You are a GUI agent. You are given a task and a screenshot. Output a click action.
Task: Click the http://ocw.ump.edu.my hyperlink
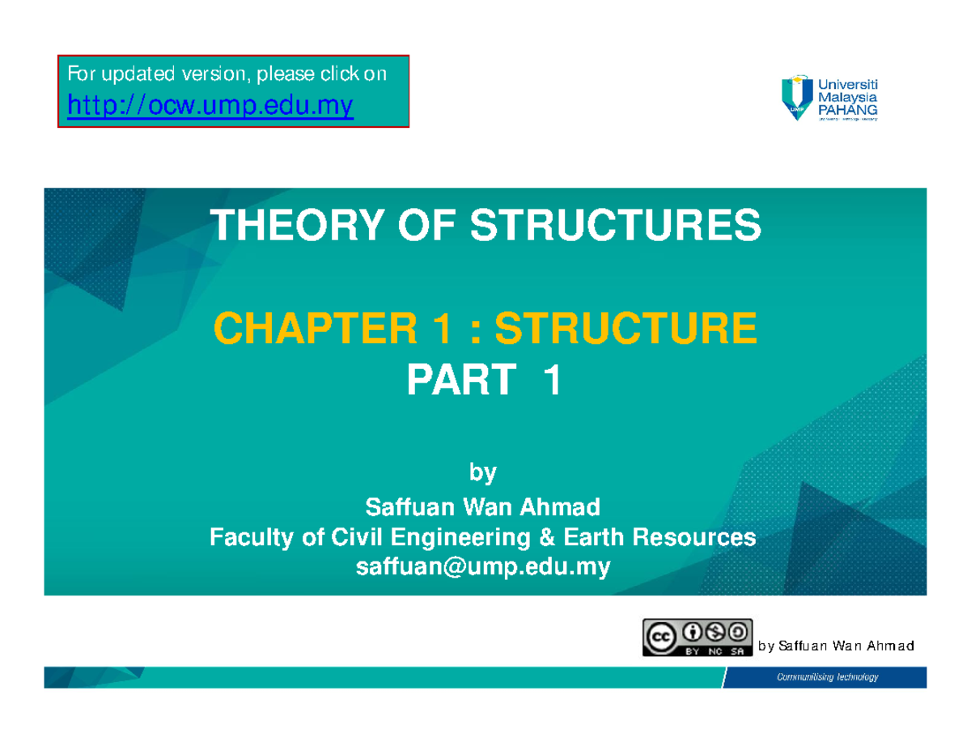click(210, 105)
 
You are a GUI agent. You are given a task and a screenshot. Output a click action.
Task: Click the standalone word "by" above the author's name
click(484, 472)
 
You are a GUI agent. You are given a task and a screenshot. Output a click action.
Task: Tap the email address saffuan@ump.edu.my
click(484, 567)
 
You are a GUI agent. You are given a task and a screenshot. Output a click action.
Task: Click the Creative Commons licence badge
click(697, 638)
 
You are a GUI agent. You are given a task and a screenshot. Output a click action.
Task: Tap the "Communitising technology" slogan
click(827, 677)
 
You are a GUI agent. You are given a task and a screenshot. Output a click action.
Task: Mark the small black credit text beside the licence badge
click(836, 646)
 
